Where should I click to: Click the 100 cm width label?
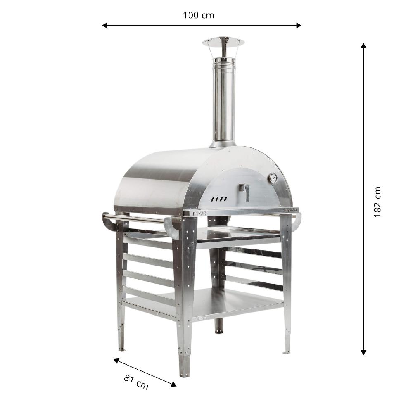pos(198,15)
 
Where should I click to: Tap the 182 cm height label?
pos(377,202)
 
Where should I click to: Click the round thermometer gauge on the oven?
pos(273,178)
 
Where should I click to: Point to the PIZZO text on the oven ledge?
pos(199,214)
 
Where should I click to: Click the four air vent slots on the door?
pos(219,199)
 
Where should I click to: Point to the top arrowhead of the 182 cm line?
pos(363,46)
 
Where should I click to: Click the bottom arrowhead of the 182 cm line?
pos(363,352)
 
